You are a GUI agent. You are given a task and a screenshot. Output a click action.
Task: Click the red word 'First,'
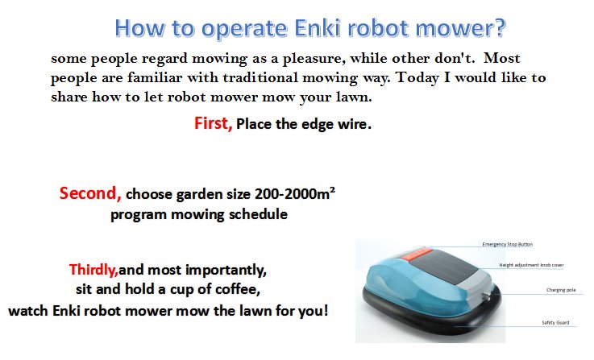[214, 124]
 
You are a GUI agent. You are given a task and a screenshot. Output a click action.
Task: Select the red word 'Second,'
[90, 193]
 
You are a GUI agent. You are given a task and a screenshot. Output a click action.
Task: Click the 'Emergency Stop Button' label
[507, 244]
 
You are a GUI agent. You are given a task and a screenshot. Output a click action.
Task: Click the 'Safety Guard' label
[555, 323]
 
